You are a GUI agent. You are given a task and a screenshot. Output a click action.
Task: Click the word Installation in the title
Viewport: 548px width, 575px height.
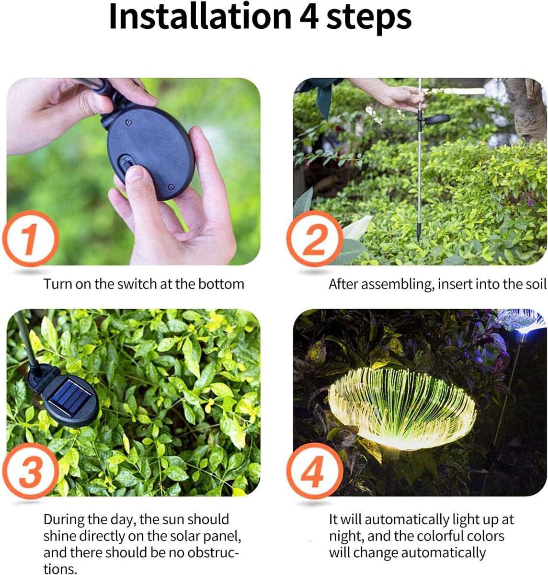point(200,16)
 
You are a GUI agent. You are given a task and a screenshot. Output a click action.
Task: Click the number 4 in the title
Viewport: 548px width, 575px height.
point(309,17)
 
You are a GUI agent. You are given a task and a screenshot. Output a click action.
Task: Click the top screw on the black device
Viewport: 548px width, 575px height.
point(128,122)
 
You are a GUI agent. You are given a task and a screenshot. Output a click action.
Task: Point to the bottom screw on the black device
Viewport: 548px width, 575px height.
point(171,186)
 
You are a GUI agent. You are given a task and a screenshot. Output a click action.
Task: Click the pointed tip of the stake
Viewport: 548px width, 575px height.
point(418,238)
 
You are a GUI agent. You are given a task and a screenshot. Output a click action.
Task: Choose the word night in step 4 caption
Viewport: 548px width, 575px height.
point(346,537)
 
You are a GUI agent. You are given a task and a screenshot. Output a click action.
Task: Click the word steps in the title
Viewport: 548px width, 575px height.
point(369,18)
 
